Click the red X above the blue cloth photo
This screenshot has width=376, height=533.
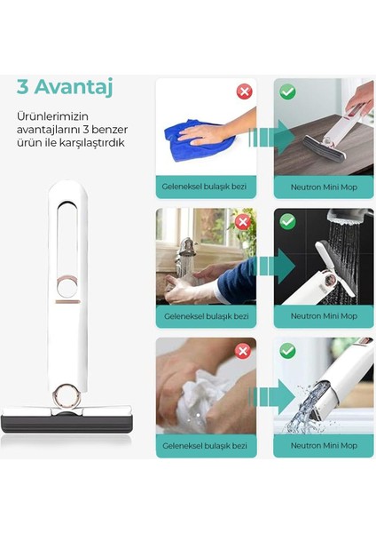click(x=244, y=91)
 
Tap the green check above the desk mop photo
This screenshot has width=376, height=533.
click(x=287, y=91)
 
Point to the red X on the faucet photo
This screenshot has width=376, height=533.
click(x=244, y=221)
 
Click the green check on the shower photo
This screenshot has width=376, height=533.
click(x=287, y=221)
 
